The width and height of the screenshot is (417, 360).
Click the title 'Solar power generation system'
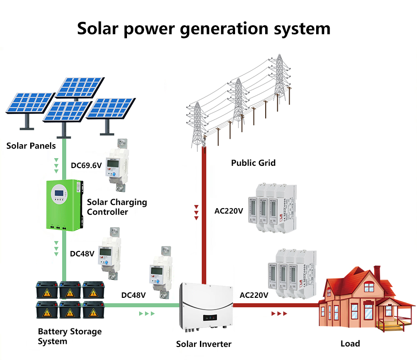[204, 28]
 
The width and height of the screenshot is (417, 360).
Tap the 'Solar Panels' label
[31, 146]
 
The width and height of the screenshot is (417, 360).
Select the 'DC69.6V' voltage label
[86, 165]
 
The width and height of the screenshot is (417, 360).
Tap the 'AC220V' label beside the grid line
[229, 210]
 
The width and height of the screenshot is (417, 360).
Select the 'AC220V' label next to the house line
[254, 296]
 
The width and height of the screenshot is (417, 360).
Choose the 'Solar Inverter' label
[204, 344]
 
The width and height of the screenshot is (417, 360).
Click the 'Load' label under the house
[350, 343]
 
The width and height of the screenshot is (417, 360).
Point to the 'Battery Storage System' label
[69, 336]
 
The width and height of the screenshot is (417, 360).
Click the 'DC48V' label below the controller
[82, 254]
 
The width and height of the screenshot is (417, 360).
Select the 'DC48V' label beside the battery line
[133, 296]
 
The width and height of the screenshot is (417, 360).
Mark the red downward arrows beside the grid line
[196, 212]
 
